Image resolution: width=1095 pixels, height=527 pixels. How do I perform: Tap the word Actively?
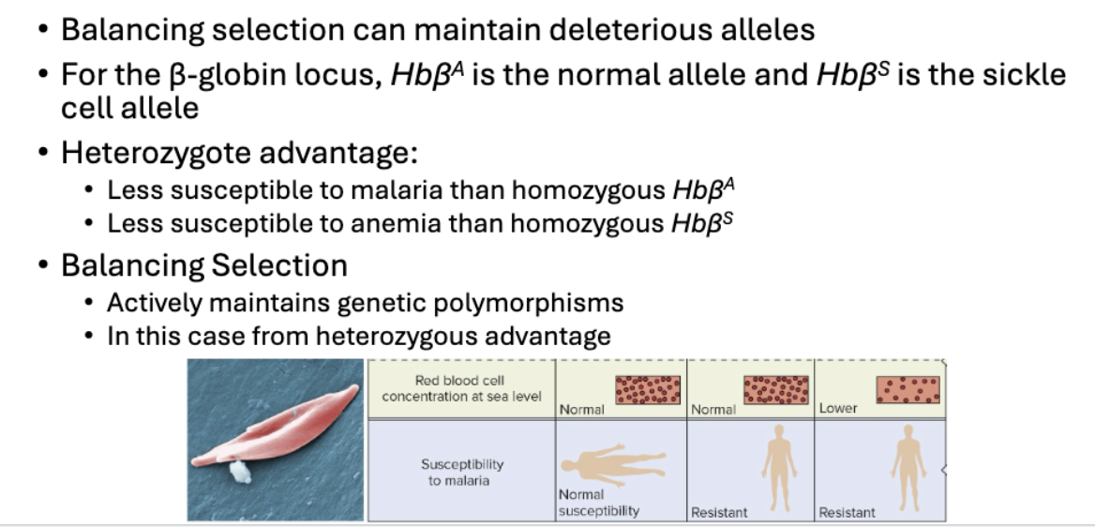pos(155,303)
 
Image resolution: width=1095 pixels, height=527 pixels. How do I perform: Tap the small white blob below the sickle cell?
pos(240,472)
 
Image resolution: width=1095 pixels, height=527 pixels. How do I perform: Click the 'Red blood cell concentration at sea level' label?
pos(461,388)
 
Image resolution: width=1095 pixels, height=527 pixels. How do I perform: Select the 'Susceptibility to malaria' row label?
pos(461,473)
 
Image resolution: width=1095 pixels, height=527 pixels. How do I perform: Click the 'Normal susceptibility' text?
pos(598,503)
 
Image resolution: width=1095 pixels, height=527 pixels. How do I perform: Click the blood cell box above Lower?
pos(907,389)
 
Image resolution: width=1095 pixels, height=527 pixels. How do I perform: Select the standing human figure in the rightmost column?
pos(907,468)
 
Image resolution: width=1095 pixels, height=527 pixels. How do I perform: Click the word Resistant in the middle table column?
pos(719,512)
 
